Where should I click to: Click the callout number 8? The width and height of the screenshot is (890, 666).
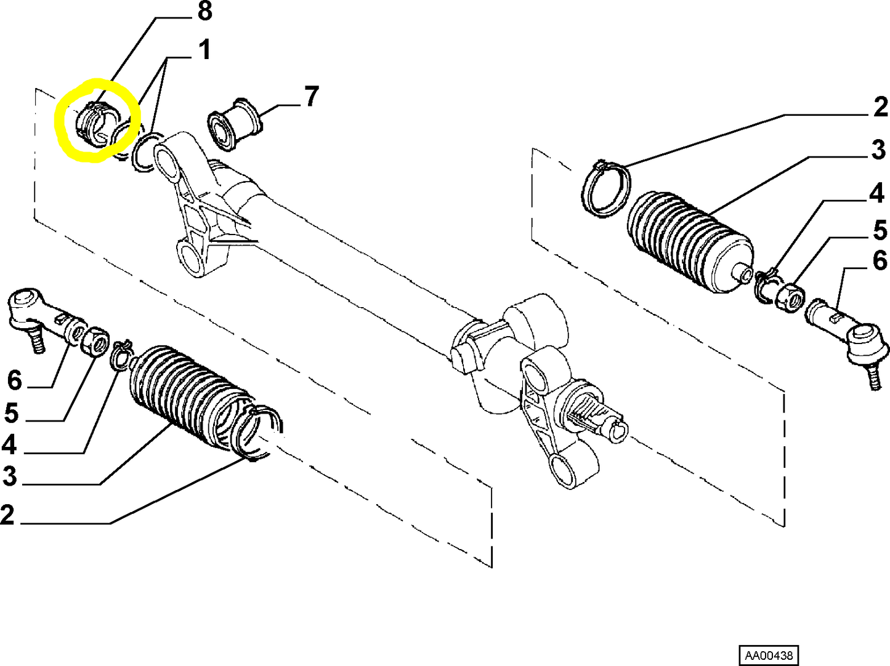pyautogui.click(x=204, y=11)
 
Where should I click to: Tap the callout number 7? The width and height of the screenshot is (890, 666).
pyautogui.click(x=311, y=97)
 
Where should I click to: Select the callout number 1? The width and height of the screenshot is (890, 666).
pyautogui.click(x=204, y=49)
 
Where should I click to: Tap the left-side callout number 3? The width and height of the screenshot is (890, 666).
pyautogui.click(x=10, y=476)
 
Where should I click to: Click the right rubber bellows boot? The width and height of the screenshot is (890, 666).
pyautogui.click(x=689, y=241)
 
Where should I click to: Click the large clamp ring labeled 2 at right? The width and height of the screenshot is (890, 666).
pyautogui.click(x=606, y=188)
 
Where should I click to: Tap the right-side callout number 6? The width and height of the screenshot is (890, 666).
pyautogui.click(x=880, y=261)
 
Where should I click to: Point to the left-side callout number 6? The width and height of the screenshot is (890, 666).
pyautogui.click(x=14, y=381)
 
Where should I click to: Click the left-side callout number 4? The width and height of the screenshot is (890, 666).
pyautogui.click(x=9, y=445)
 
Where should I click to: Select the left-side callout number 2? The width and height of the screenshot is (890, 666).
pyautogui.click(x=7, y=515)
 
